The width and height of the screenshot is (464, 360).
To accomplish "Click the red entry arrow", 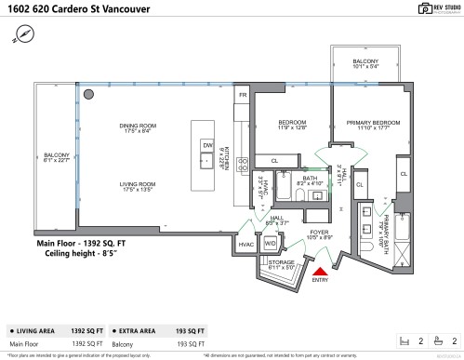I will pyautogui.click(x=319, y=270).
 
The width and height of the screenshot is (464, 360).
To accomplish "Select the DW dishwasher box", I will pyautogui.click(x=208, y=146).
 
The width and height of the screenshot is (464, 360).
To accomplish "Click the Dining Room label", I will pyautogui.click(x=136, y=129).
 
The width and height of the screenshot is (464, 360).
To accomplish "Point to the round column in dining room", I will pyautogui.click(x=88, y=94).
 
